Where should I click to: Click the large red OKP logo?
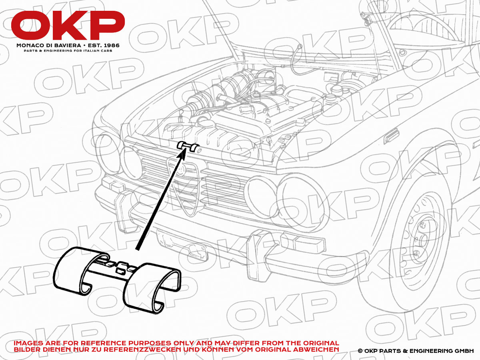(x=68, y=25)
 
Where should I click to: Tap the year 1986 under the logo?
(x=111, y=46)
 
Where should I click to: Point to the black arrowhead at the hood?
(x=182, y=154)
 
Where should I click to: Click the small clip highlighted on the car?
(x=189, y=146)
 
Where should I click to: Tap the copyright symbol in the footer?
(x=360, y=351)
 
